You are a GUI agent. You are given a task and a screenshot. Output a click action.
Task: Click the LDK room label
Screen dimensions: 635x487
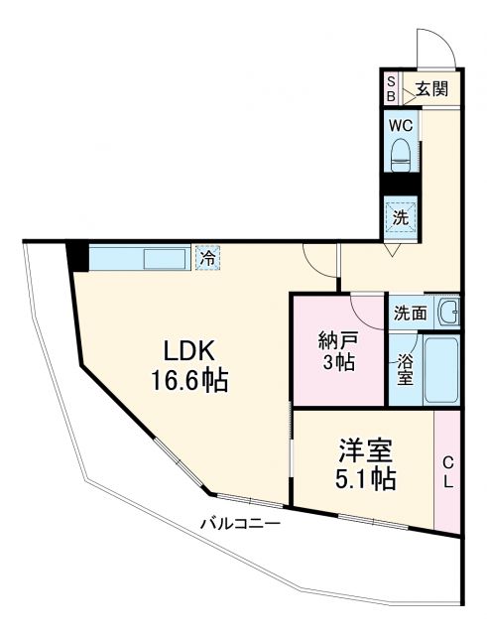[x=189, y=352]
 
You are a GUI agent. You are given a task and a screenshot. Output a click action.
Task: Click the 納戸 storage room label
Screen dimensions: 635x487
[x=338, y=338]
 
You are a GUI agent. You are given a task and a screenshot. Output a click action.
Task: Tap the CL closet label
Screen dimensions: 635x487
[x=447, y=471]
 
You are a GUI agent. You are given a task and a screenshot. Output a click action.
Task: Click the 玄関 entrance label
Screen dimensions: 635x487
[x=431, y=88]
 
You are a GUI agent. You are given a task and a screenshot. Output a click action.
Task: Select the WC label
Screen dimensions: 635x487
[x=401, y=126]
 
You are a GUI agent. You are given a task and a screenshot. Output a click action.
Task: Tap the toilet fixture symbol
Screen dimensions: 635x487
[x=401, y=153]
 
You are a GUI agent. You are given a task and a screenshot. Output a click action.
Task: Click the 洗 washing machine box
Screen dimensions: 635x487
[x=401, y=216]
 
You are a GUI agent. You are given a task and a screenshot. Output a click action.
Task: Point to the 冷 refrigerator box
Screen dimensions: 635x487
[x=208, y=257]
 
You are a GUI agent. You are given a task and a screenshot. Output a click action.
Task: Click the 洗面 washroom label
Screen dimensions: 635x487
[x=411, y=312]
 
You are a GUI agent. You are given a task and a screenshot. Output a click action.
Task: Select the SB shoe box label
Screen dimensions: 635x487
[x=391, y=88]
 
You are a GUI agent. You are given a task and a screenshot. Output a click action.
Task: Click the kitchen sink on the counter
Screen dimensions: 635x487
[x=165, y=258]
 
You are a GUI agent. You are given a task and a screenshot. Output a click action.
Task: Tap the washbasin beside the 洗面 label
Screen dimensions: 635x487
[x=448, y=312]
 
